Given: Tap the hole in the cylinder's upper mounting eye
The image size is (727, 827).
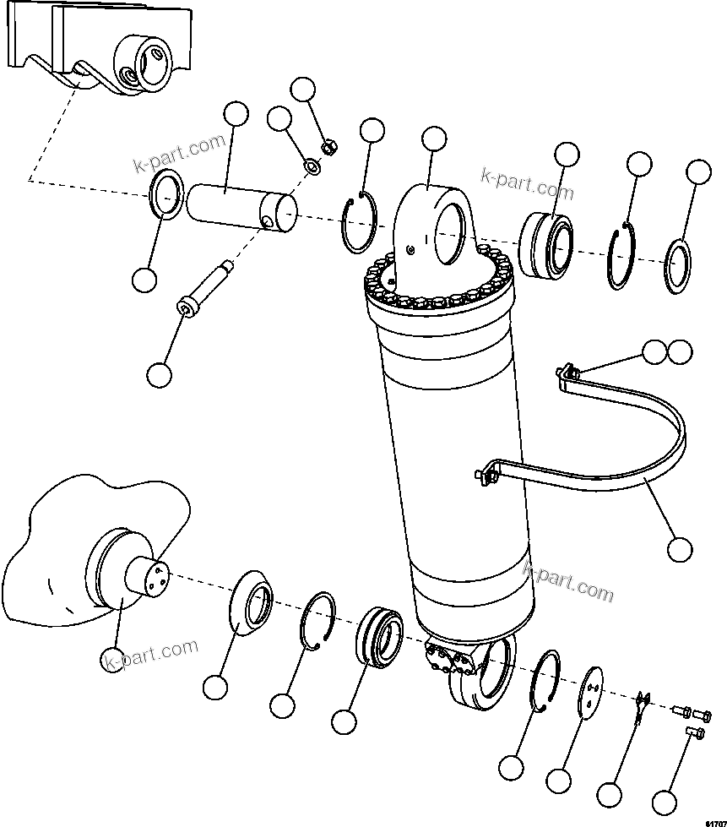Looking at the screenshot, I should click(x=455, y=229).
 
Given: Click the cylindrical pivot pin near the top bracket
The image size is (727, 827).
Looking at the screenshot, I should click(x=241, y=209).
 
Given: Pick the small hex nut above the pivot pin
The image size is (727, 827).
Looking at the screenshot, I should click(x=331, y=149).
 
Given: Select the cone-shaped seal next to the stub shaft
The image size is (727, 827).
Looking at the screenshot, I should click(x=251, y=605).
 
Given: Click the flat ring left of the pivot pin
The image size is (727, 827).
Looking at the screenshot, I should click(x=165, y=195).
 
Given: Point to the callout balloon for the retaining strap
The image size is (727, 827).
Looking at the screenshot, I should click(x=679, y=549).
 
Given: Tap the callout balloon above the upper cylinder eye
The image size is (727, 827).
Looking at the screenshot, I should click(x=433, y=139).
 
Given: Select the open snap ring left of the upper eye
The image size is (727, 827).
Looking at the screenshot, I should click(x=361, y=223).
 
